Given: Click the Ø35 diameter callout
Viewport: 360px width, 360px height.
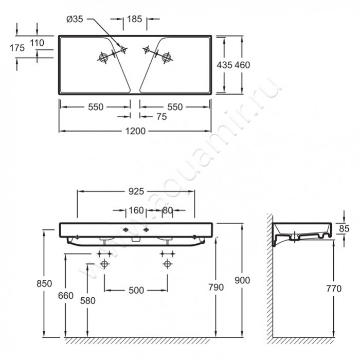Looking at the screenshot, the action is (x=75, y=20).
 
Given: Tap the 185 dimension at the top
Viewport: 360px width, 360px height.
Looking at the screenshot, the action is (x=135, y=19).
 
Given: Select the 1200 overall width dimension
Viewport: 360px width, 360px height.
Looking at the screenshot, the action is (x=135, y=131).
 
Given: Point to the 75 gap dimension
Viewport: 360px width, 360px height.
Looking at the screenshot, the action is (x=161, y=117).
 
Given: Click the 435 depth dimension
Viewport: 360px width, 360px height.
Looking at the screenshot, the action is (x=225, y=65).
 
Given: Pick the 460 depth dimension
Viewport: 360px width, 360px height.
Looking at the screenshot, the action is (x=242, y=65).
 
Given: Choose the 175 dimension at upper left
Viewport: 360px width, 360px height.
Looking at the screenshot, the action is (x=17, y=48).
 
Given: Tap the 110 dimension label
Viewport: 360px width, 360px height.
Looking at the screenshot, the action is (x=37, y=43).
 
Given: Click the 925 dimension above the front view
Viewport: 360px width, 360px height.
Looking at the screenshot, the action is (x=136, y=191).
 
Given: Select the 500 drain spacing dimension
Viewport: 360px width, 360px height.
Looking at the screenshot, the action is (x=136, y=291).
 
